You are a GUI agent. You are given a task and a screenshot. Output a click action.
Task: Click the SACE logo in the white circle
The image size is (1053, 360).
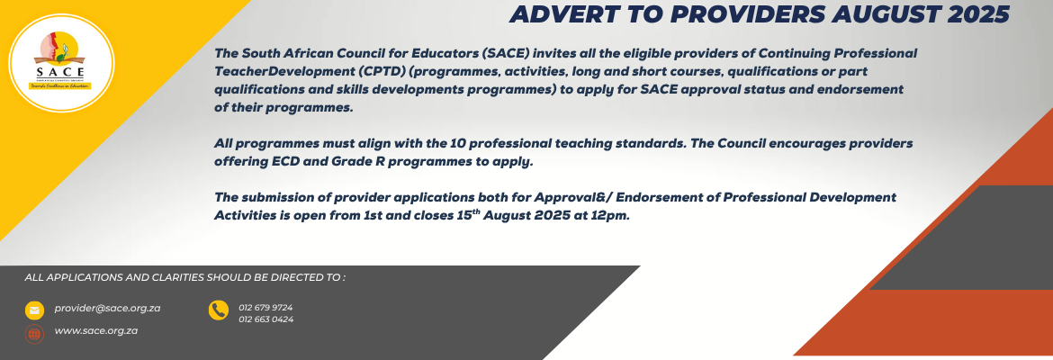(60, 62)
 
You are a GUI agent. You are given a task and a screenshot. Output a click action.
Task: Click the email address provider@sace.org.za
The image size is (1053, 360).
(107, 309)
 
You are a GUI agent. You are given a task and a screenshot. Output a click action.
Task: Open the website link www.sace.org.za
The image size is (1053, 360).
(96, 330)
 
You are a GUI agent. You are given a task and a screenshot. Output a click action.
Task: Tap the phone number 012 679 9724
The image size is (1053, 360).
(265, 308)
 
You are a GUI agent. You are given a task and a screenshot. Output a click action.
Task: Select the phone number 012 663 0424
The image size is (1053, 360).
(265, 319)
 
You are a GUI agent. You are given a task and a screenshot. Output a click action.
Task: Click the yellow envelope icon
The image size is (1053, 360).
(34, 310)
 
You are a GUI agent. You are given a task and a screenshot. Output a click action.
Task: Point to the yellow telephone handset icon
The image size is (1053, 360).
(219, 310)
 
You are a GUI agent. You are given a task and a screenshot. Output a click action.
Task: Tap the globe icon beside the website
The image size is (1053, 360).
(34, 334)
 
